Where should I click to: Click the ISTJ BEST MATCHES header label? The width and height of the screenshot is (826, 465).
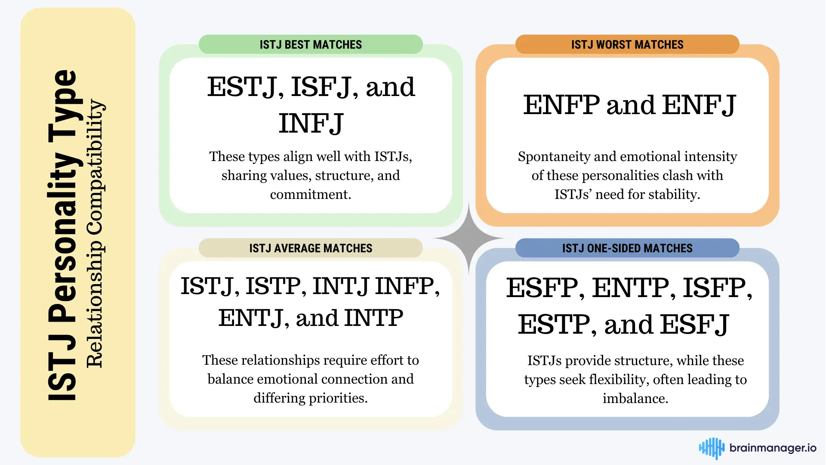pyautogui.click(x=311, y=45)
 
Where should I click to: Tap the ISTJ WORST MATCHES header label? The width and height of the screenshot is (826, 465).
pyautogui.click(x=627, y=45)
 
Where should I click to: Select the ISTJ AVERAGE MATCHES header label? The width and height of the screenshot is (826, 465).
pyautogui.click(x=311, y=248)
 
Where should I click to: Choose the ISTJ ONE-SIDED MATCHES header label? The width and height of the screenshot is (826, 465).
pyautogui.click(x=627, y=248)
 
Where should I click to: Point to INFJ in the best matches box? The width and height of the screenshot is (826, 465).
pyautogui.click(x=311, y=124)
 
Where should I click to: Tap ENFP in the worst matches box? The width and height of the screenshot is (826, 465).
pyautogui.click(x=561, y=105)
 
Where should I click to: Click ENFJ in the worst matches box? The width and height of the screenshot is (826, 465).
pyautogui.click(x=699, y=105)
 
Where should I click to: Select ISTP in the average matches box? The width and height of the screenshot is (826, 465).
pyautogui.click(x=275, y=286)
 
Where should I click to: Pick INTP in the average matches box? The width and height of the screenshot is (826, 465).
pyautogui.click(x=374, y=318)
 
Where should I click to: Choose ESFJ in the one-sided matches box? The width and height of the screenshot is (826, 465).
pyautogui.click(x=695, y=325)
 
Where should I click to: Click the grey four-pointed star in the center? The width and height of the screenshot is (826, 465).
pyautogui.click(x=468, y=238)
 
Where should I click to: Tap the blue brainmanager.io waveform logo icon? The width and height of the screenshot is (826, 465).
pyautogui.click(x=712, y=448)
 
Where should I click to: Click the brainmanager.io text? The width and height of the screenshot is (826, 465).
pyautogui.click(x=773, y=448)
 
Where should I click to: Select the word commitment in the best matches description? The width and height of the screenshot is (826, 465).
pyautogui.click(x=311, y=195)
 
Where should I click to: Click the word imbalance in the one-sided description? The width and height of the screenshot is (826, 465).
pyautogui.click(x=635, y=399)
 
